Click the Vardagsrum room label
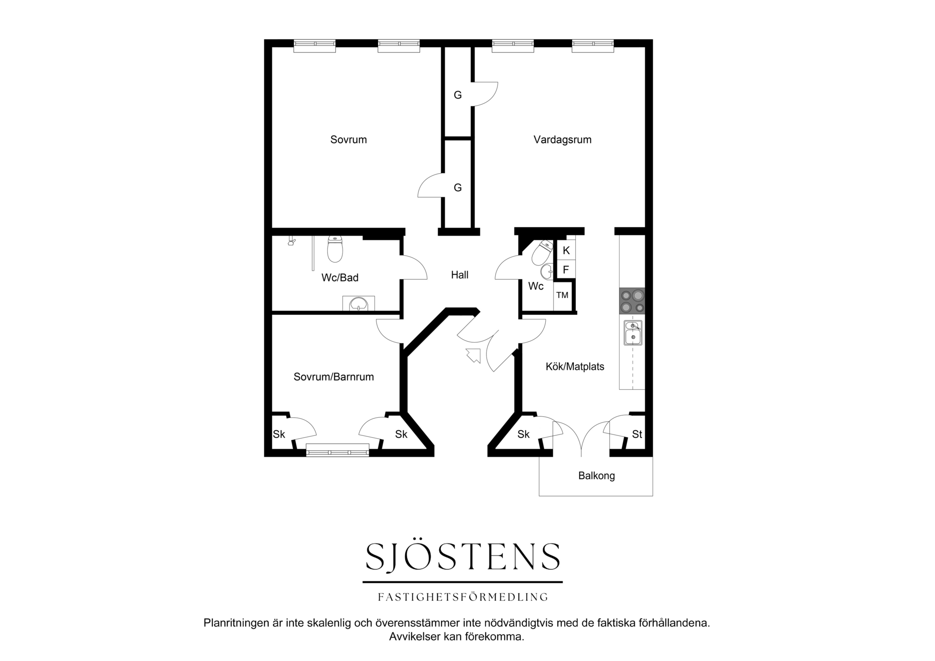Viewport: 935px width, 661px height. point(562,140)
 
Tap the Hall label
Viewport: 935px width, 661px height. point(460,275)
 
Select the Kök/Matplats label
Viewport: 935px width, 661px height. point(575,367)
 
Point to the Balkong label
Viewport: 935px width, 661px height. point(596,476)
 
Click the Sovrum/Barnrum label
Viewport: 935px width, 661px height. point(333,377)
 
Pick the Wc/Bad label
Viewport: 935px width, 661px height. point(340,278)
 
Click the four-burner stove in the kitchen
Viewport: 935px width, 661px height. point(632,301)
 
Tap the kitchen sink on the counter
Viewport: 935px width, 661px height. point(633,333)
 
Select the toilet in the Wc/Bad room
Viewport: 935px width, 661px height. point(335,249)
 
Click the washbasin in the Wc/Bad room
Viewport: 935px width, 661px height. point(359,304)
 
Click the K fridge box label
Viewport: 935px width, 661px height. point(566,251)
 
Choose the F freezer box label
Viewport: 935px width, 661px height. point(566,270)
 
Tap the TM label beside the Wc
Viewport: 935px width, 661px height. point(562,296)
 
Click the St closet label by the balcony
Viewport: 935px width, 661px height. point(637,434)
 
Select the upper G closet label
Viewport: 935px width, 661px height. point(457,95)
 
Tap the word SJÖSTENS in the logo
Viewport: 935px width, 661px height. point(463,557)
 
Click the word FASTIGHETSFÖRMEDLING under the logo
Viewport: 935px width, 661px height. point(463,597)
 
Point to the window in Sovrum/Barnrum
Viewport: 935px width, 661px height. point(337,450)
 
